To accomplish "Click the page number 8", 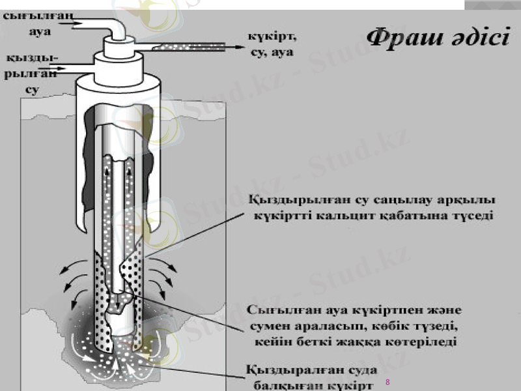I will pyautogui.click(x=387, y=381).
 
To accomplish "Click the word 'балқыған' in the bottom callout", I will pyautogui.click(x=283, y=384).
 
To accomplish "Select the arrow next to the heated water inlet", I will pyautogui.click(x=72, y=65).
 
